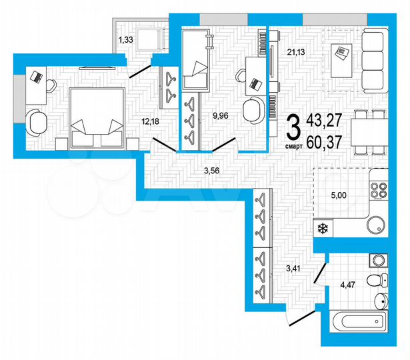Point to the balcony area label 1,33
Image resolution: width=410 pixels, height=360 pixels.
[126, 41]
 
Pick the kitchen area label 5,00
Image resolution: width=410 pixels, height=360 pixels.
[339, 196]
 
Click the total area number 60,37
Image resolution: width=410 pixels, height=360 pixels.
[325, 141]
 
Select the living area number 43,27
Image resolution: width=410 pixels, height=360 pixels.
[325, 121]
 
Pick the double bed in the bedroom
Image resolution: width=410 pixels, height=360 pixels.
[96, 118]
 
